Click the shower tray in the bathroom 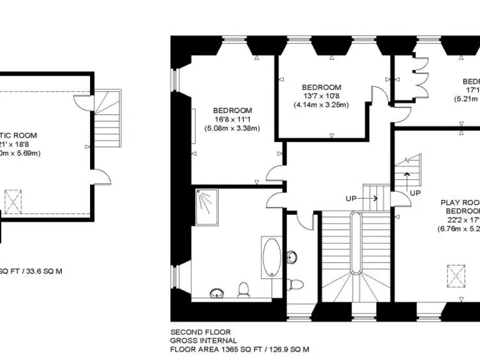coord(207,207)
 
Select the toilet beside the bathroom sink coord(244,290)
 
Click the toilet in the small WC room coord(296,285)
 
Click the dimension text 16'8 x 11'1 coord(232,119)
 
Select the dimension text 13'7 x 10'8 coord(321,96)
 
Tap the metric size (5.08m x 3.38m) coord(232,128)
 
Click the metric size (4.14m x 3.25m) coord(321,104)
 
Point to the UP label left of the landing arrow coord(352,198)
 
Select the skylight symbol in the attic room coord(13,201)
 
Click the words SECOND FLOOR coord(201,332)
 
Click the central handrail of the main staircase coord(356,243)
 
